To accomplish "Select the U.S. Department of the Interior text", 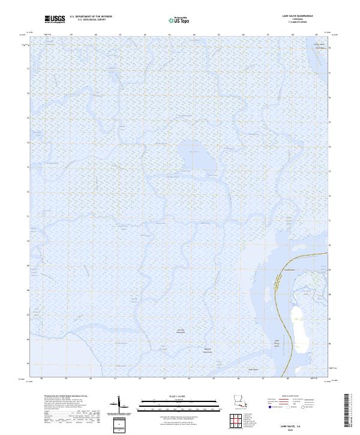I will pos(91,17).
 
